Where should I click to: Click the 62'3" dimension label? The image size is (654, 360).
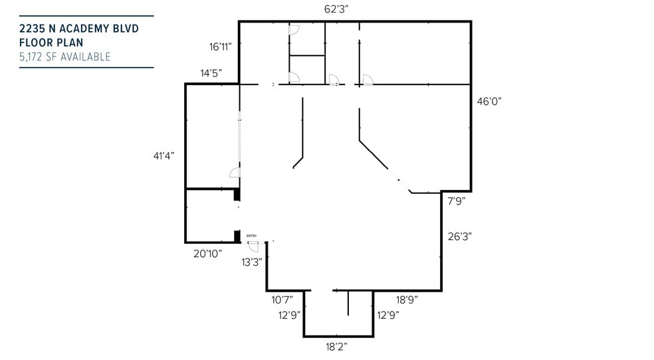(x=336, y=9)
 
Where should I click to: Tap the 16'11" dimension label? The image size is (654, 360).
(x=220, y=47)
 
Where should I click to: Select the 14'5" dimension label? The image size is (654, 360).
(x=211, y=72)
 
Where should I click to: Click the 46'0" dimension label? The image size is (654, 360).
(x=489, y=102)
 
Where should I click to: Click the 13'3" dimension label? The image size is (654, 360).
(x=252, y=262)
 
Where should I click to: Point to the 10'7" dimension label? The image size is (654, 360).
(x=282, y=300)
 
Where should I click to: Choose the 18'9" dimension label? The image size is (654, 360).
(x=406, y=300)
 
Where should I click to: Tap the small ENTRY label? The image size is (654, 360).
(x=251, y=236)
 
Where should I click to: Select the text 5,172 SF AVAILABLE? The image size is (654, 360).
(x=65, y=57)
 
